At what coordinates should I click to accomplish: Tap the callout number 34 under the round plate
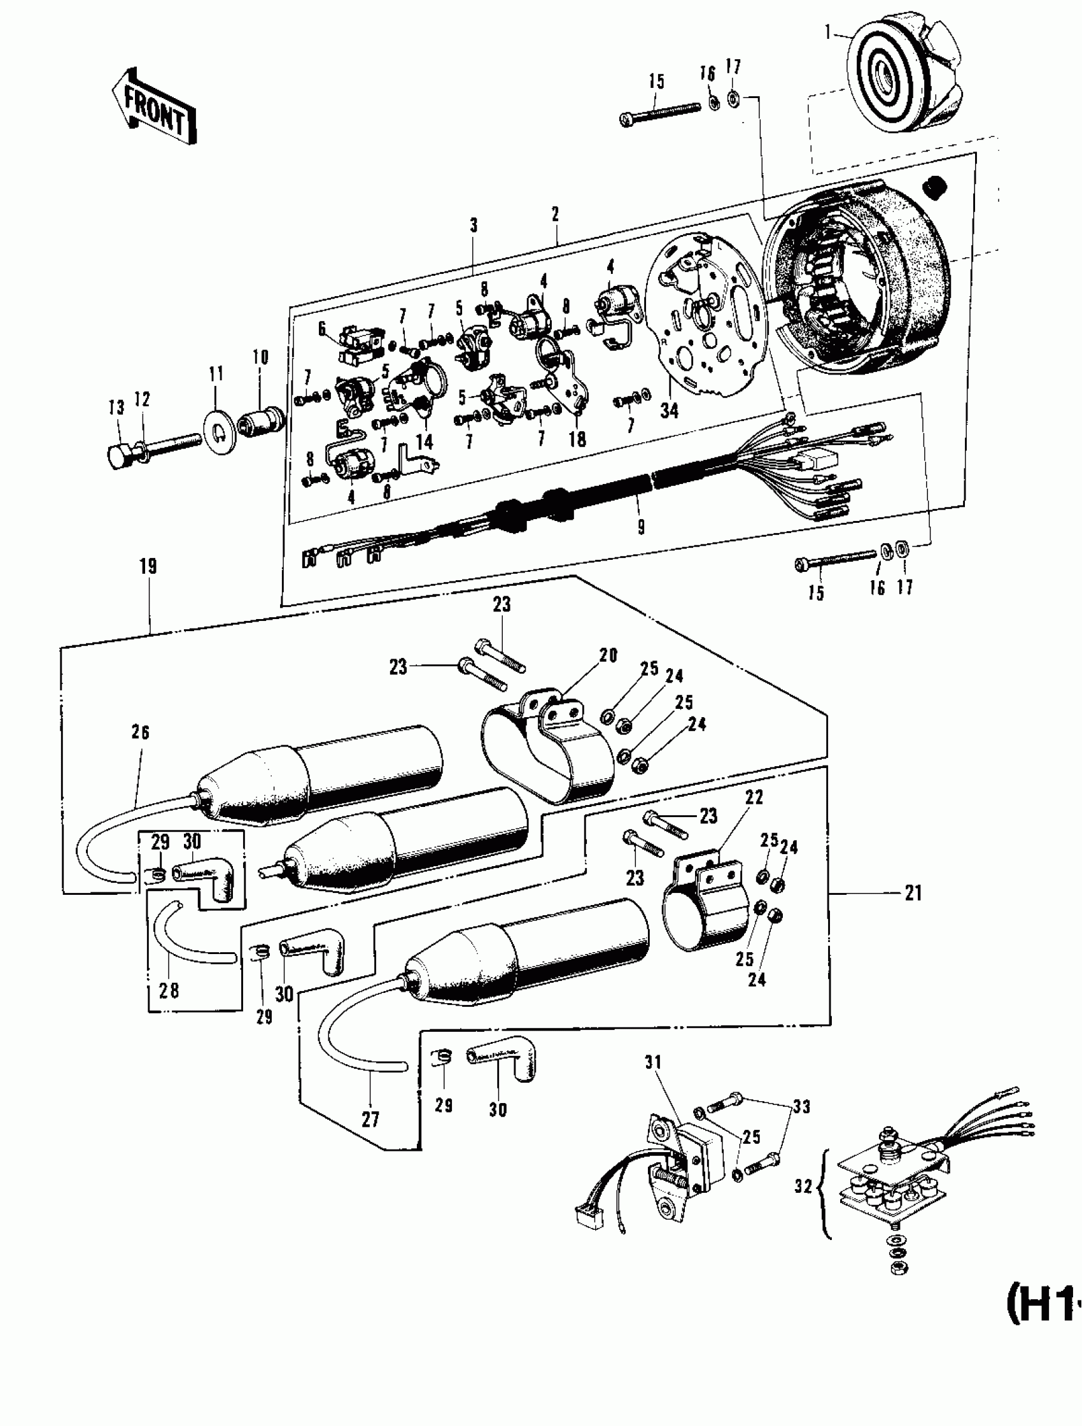tap(669, 410)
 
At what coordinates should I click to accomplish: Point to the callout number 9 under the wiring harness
tap(640, 527)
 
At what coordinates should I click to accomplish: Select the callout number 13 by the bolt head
tap(116, 408)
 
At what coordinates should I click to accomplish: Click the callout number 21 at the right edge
tap(913, 893)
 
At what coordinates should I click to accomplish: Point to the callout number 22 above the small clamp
tap(754, 797)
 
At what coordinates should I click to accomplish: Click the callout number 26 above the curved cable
tap(141, 732)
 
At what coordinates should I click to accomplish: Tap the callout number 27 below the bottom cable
tap(370, 1119)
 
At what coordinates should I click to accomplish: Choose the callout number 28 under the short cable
tap(169, 990)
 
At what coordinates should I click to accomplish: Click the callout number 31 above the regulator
tap(653, 1062)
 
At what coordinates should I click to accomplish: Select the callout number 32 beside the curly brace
tap(803, 1186)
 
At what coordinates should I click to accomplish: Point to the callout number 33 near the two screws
tap(801, 1106)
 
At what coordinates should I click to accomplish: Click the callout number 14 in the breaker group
tap(424, 441)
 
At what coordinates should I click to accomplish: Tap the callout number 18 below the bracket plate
tap(577, 439)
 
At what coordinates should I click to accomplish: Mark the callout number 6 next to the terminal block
tap(322, 329)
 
